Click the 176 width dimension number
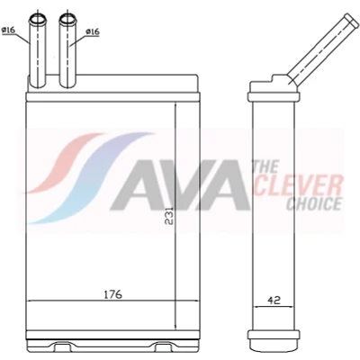tap(113, 294)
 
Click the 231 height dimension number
tap(169, 216)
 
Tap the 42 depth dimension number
tap(274, 301)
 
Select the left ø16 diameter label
tap(8, 31)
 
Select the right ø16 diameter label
tap(93, 31)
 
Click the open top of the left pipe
tap(38, 20)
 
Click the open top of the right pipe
tap(67, 20)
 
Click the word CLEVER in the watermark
tap(298, 185)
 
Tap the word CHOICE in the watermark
tap(314, 204)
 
